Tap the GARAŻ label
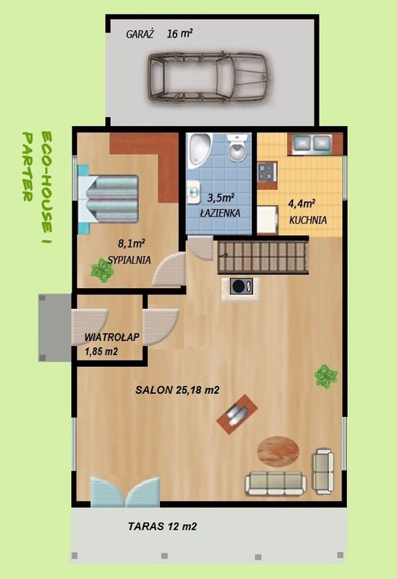[x=140, y=34]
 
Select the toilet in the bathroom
[x=237, y=147]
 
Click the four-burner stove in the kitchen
[x=267, y=172]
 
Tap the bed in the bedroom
[x=108, y=199]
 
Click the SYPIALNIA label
[x=129, y=260]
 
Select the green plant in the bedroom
[x=102, y=270]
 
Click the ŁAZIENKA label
[x=220, y=213]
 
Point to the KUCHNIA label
[x=308, y=220]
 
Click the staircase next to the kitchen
[x=262, y=257]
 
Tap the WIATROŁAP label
[x=112, y=337]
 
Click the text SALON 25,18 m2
[x=177, y=390]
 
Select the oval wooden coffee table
[x=278, y=451]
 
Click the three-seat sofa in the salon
[x=276, y=483]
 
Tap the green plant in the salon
[x=326, y=376]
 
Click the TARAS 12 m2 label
[x=162, y=526]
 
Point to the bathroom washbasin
[x=193, y=192]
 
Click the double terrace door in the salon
[x=125, y=491]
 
